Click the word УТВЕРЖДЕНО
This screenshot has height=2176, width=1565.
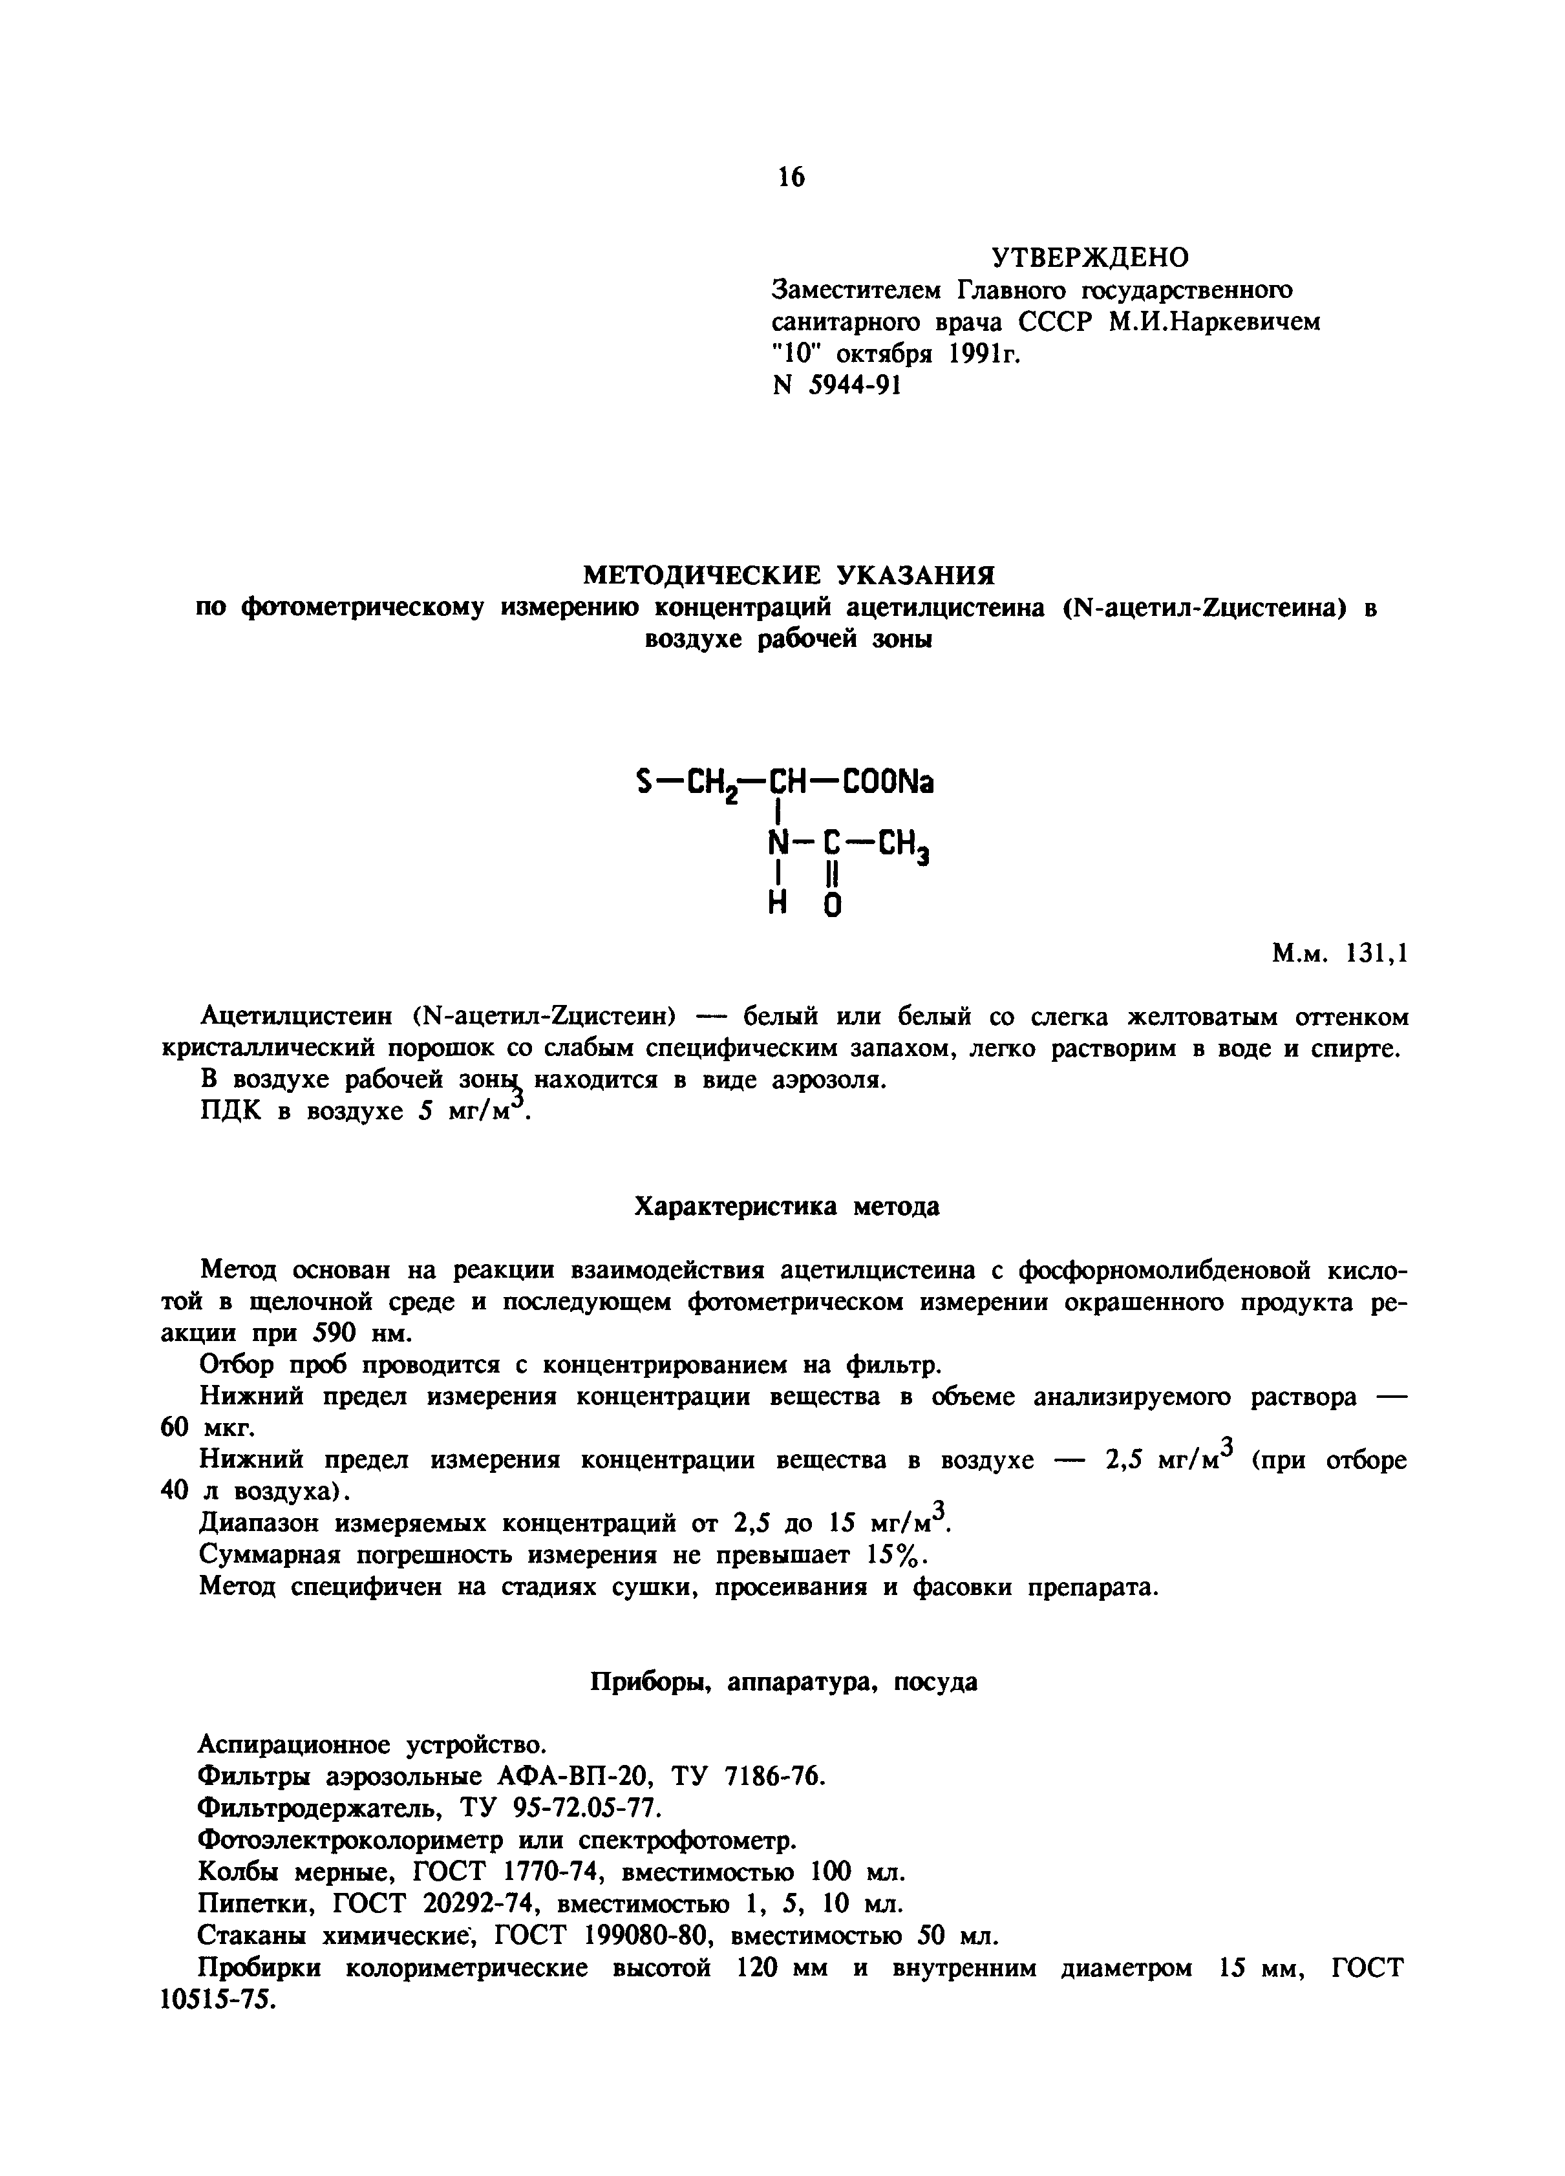tap(1089, 258)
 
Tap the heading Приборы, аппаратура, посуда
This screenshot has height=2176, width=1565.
tap(783, 1682)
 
